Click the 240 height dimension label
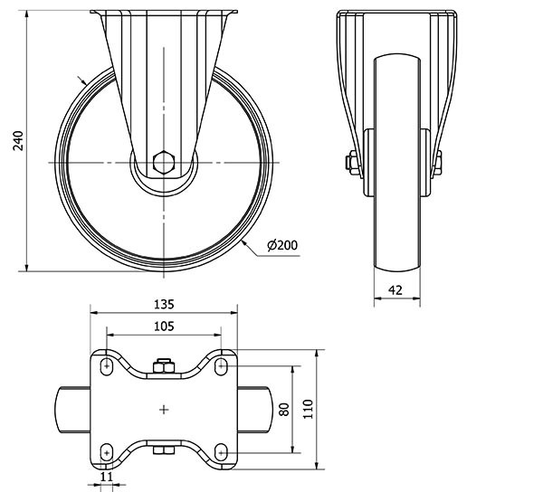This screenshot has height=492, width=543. click(x=18, y=141)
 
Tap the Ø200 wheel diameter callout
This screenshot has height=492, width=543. click(x=282, y=245)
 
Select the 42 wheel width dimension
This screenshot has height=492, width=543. click(x=395, y=290)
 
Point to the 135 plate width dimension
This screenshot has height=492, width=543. click(x=164, y=305)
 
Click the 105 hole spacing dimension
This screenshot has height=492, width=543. click(x=164, y=326)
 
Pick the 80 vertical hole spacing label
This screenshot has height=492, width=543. click(x=284, y=410)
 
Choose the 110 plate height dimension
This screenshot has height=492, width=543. click(x=308, y=410)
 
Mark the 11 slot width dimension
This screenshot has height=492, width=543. click(x=106, y=477)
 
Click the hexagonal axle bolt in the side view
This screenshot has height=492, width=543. click(x=164, y=162)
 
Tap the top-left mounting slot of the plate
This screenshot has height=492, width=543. click(x=107, y=366)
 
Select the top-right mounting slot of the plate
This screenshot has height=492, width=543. click(x=221, y=366)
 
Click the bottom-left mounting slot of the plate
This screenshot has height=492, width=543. click(x=107, y=452)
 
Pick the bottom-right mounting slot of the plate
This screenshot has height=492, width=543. click(x=221, y=452)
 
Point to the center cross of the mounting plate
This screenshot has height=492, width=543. click(x=164, y=410)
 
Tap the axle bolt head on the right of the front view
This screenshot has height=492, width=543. click(x=438, y=162)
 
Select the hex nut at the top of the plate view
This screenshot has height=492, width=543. click(x=164, y=365)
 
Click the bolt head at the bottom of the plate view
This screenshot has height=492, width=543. click(x=164, y=450)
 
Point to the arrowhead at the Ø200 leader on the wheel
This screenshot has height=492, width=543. click(x=244, y=243)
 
